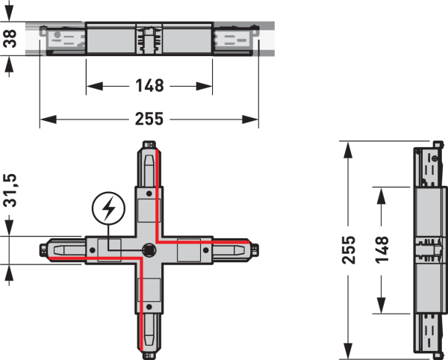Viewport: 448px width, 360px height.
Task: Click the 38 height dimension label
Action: (x=10, y=38)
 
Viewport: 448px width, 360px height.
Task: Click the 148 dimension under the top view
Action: (x=149, y=86)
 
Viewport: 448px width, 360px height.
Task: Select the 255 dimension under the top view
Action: (x=149, y=119)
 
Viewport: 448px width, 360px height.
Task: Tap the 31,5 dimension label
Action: (x=10, y=190)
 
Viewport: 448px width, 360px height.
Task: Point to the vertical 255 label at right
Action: (x=349, y=249)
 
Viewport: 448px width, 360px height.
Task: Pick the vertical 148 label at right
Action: (x=382, y=249)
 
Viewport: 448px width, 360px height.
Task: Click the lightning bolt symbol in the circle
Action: (x=108, y=208)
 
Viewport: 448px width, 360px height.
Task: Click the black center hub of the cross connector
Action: (x=149, y=250)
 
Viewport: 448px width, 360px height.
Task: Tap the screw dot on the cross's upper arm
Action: (x=149, y=193)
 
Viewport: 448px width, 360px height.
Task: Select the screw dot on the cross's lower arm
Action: (x=149, y=307)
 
